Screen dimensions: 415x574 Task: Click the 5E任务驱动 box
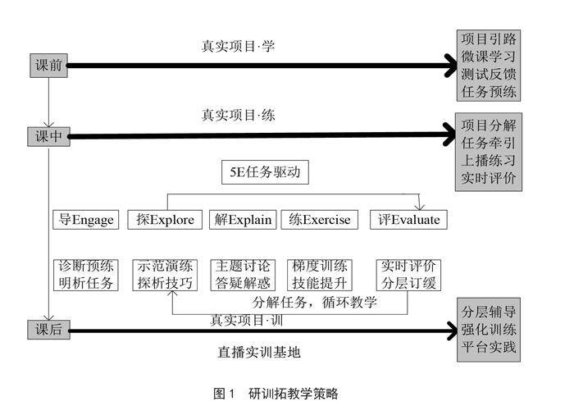[265, 174]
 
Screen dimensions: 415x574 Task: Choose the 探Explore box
[166, 220]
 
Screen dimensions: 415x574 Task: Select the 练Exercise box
[320, 220]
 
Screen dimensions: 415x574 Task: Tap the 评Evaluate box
[408, 220]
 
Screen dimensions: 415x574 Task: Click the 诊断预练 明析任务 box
[86, 275]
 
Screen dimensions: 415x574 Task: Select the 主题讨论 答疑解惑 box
[244, 275]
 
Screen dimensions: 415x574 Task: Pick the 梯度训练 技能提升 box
[321, 275]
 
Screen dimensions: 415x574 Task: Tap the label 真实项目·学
[238, 46]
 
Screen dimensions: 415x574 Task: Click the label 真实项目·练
[238, 116]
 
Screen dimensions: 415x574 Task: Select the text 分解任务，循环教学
[314, 302]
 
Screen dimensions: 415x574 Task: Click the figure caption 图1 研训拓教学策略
[275, 394]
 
